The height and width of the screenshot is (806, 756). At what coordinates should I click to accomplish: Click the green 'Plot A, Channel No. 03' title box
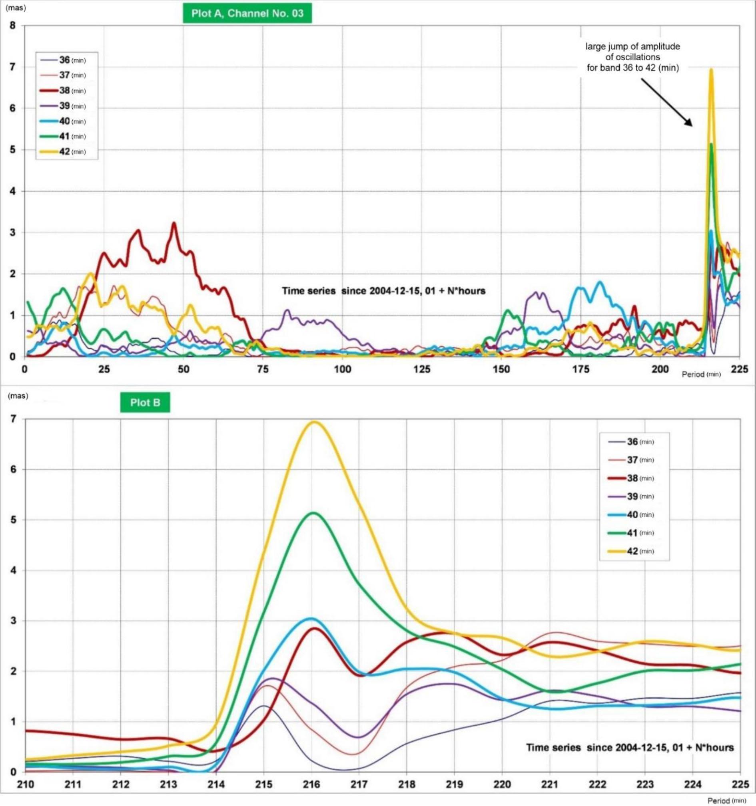tap(247, 13)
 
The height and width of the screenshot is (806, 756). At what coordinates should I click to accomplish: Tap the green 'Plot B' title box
tap(145, 403)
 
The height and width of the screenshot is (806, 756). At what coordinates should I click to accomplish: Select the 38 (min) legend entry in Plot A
tap(64, 90)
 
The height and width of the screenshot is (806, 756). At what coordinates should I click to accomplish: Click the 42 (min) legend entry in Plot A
tap(64, 152)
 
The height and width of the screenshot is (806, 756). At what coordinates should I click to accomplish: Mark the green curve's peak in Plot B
tap(314, 513)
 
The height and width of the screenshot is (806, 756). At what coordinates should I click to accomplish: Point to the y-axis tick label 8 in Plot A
tap(12, 26)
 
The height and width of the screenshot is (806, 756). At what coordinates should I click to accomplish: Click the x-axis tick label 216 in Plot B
tap(311, 784)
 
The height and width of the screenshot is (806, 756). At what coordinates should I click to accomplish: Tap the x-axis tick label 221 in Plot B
tap(550, 784)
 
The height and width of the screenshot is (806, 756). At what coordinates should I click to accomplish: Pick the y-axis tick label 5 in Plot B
tap(14, 520)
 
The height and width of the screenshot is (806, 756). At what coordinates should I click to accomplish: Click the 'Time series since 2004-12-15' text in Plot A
tap(383, 291)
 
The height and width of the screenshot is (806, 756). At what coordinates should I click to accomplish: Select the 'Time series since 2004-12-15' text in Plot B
tap(630, 748)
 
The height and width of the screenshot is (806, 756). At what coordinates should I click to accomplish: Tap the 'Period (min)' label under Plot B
tap(726, 801)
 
